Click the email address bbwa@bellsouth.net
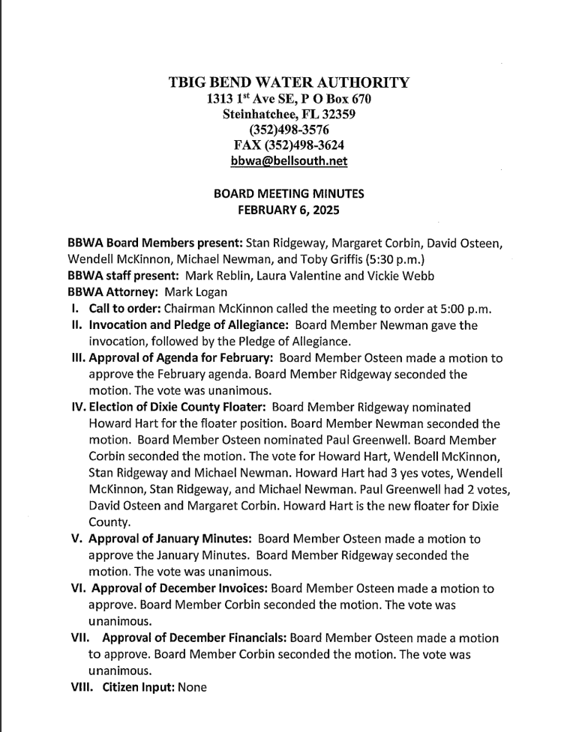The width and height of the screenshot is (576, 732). (x=289, y=160)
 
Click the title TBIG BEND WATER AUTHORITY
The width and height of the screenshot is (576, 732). (x=289, y=82)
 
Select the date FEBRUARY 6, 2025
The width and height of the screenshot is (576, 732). (x=289, y=211)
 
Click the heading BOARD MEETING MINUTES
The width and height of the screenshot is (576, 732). (x=289, y=193)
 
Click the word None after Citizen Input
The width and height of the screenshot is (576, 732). (x=192, y=687)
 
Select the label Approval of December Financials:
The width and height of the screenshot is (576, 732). (x=193, y=638)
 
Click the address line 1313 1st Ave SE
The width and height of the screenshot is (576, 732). (x=250, y=99)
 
